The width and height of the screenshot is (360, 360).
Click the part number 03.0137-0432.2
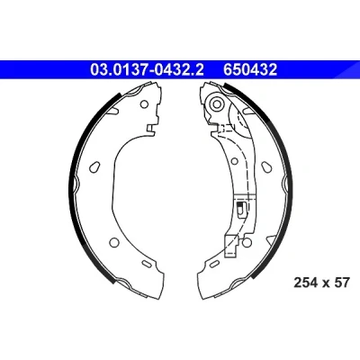click(148, 70)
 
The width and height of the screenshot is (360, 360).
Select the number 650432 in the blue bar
click(250, 70)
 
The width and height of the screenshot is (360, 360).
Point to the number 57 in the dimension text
click(342, 283)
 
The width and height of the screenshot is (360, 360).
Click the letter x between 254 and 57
click(326, 283)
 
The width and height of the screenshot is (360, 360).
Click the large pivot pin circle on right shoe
click(216, 103)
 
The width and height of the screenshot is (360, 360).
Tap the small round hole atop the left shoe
click(144, 104)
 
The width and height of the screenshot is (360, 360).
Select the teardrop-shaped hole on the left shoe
click(94, 166)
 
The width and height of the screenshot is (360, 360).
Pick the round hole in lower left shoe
click(114, 242)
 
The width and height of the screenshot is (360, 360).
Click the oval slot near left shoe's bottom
click(147, 264)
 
